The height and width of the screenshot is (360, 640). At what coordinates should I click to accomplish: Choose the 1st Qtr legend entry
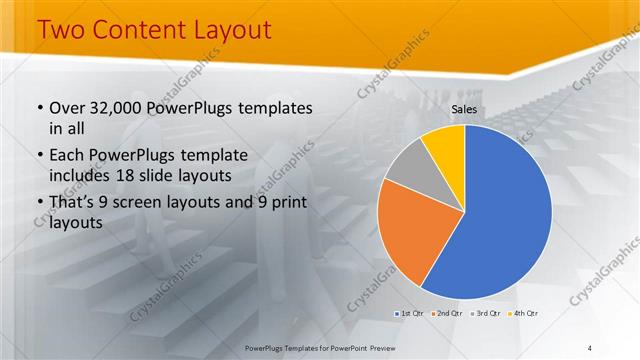point(410,313)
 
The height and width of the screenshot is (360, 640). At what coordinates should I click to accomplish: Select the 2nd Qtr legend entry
point(446,313)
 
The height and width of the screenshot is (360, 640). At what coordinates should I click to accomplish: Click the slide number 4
point(590,347)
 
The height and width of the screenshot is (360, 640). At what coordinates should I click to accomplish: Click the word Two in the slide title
point(62,31)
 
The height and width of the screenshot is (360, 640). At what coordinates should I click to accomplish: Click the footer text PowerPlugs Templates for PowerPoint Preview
point(320,347)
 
